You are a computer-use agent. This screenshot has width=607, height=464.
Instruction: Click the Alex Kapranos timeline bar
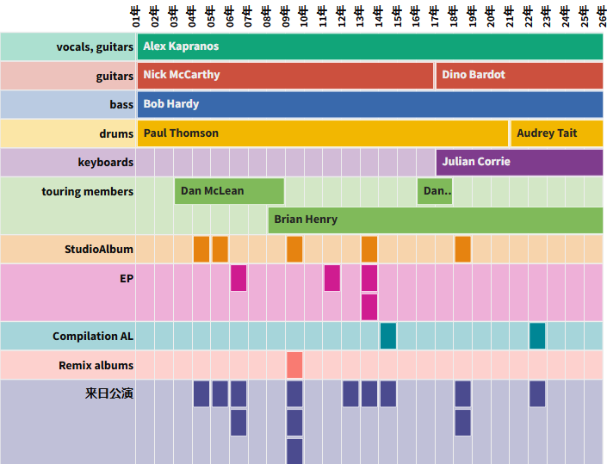[x=370, y=46]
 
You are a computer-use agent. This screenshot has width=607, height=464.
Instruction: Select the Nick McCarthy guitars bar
[x=285, y=75]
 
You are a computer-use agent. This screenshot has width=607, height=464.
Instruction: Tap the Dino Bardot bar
[x=519, y=75]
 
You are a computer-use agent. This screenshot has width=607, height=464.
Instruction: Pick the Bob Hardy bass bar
[x=370, y=104]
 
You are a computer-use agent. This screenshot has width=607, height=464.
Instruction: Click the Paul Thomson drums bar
[x=322, y=133]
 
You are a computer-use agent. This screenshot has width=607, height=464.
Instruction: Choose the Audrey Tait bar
[x=557, y=133]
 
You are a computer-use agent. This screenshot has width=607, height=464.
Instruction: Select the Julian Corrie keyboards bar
[x=519, y=162]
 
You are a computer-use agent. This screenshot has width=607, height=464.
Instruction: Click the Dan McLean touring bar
[x=229, y=191]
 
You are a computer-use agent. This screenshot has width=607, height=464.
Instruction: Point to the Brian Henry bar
[x=436, y=220]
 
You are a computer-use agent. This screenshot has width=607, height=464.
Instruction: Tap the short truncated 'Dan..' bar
[x=435, y=191]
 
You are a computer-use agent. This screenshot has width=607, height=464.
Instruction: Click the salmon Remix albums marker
[x=294, y=365]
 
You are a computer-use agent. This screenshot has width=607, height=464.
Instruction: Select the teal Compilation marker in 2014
[x=388, y=336]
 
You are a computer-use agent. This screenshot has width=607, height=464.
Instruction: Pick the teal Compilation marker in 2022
[x=537, y=336]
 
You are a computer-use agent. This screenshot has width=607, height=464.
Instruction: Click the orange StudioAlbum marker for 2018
[x=462, y=249]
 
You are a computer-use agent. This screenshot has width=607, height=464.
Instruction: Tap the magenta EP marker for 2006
[x=238, y=278]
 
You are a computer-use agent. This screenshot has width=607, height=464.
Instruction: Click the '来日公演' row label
[x=109, y=394]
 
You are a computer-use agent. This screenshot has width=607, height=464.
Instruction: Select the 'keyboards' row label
[x=106, y=162]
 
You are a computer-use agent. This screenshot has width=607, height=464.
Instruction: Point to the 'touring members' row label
[x=88, y=191]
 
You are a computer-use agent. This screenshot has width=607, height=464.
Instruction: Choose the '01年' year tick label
[x=136, y=15]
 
